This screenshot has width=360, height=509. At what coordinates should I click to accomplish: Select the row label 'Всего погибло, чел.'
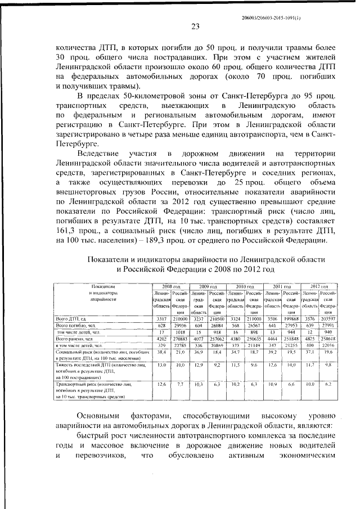click(x=75, y=326)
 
